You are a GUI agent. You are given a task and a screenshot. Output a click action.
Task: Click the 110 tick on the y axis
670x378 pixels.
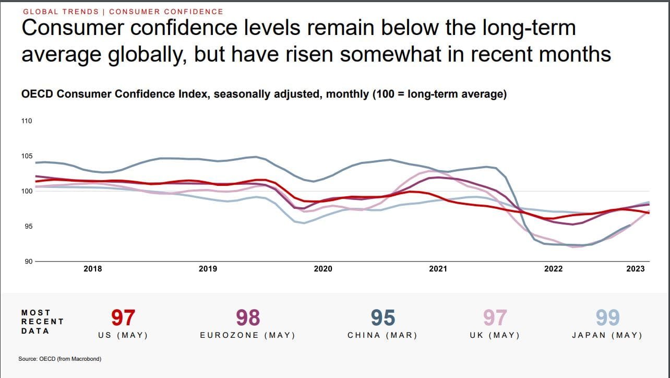coord(27,121)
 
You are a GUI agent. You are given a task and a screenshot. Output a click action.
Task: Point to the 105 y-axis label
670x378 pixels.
coord(27,156)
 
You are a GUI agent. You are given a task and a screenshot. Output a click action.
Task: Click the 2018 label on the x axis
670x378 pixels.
coord(93,269)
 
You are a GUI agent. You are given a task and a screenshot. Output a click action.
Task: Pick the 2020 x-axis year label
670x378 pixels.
coord(323,269)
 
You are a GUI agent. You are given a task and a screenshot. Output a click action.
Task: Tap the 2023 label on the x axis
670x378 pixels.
coord(635,269)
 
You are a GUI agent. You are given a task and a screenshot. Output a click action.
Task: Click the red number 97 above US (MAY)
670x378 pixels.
coord(123,318)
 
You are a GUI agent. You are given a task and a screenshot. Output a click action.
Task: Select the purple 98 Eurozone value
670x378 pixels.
coord(248,318)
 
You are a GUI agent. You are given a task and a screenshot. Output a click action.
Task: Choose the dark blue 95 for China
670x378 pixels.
coord(382,318)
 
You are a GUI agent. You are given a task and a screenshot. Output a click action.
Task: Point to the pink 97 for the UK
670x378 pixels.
coord(494,318)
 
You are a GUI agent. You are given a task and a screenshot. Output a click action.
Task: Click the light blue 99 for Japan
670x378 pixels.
coord(607,318)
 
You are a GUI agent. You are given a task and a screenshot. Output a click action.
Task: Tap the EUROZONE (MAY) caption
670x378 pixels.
coord(248,335)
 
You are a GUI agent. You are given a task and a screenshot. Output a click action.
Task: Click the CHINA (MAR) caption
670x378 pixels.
coord(382,335)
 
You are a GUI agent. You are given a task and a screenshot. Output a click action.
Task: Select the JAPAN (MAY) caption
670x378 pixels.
coord(607,335)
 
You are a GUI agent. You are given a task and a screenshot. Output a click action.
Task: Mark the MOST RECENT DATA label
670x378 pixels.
coord(42,322)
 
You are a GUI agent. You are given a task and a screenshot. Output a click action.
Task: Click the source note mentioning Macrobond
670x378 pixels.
coord(59,359)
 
